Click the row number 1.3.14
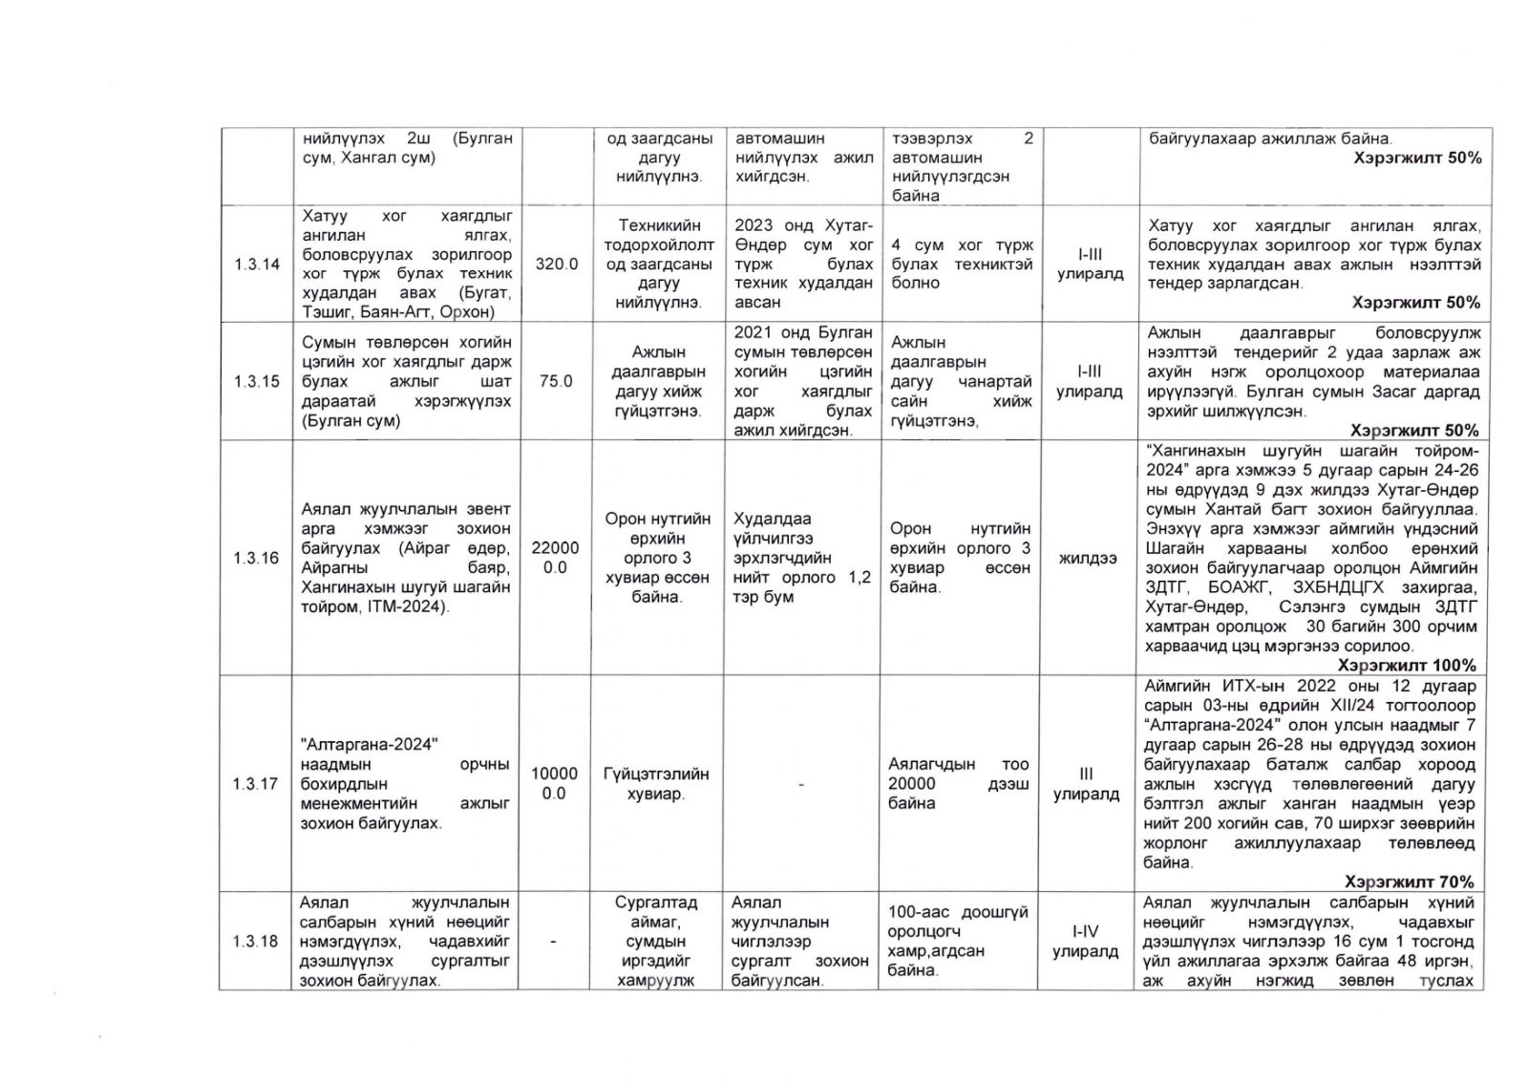click(256, 265)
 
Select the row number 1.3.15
click(256, 381)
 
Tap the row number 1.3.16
click(256, 558)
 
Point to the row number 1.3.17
click(256, 784)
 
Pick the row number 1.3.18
click(256, 942)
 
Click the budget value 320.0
click(556, 265)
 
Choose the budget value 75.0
click(556, 381)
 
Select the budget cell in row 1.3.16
click(555, 558)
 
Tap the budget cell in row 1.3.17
click(555, 784)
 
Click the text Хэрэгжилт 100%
click(1407, 665)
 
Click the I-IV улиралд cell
click(1085, 942)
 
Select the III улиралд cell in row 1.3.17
click(1086, 784)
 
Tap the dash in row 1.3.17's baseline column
click(801, 785)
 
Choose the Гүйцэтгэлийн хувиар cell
click(656, 784)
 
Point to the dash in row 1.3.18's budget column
click(555, 942)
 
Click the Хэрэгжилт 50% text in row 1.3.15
click(1415, 430)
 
